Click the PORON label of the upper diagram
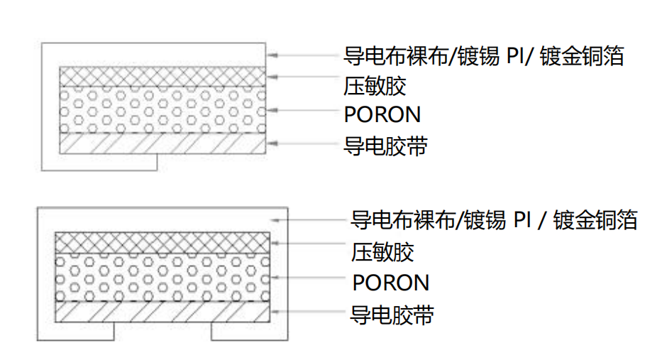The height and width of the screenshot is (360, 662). [382, 114]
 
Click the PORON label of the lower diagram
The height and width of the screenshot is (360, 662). [391, 283]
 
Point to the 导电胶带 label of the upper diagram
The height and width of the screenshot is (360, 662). [385, 146]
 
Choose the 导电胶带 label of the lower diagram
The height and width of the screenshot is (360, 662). [392, 315]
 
